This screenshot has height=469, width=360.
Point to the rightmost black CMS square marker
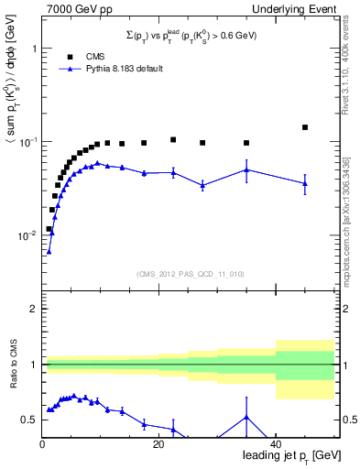(x=305, y=127)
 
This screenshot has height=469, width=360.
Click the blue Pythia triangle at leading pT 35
(x=246, y=169)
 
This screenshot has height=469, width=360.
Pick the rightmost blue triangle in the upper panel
(x=305, y=183)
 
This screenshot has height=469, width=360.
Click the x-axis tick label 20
(x=158, y=444)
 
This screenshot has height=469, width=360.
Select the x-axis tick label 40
(x=276, y=444)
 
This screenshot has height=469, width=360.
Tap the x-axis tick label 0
(x=42, y=444)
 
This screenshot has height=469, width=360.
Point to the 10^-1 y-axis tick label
(x=27, y=142)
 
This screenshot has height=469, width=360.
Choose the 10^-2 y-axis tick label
(x=27, y=235)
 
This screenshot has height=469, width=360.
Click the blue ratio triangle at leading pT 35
(x=246, y=418)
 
